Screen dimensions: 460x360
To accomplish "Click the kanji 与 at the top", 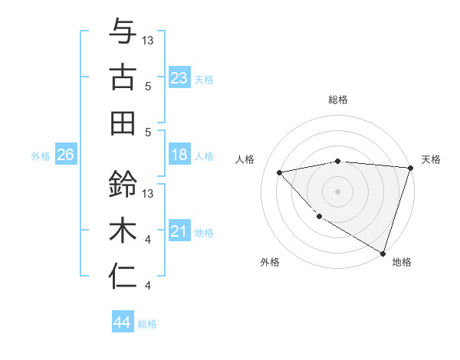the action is [x=123, y=31].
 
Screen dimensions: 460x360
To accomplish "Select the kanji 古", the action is [x=123, y=77].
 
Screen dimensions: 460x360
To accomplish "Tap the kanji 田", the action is [x=123, y=123].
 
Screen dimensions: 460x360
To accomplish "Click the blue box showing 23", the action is [x=179, y=77].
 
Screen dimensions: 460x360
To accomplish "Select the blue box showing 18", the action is [x=179, y=155].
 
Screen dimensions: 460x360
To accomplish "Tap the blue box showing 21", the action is [x=179, y=231].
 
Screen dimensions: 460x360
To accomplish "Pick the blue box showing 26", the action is [x=65, y=155].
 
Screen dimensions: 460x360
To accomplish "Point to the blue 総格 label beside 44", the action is [x=147, y=324].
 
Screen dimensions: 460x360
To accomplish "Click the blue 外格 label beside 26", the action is [x=41, y=156].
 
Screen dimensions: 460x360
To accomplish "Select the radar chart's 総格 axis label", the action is [x=338, y=100].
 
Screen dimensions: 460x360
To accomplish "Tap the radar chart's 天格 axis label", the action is [x=432, y=159].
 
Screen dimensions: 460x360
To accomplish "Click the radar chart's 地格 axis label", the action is [x=402, y=262].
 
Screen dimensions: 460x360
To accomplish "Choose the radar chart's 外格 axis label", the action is [x=270, y=262].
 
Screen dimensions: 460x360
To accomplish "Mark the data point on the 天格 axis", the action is [x=410, y=168].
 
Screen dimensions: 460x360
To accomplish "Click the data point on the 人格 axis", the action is [x=280, y=172].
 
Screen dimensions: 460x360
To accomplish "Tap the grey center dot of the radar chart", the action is [x=337, y=191].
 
